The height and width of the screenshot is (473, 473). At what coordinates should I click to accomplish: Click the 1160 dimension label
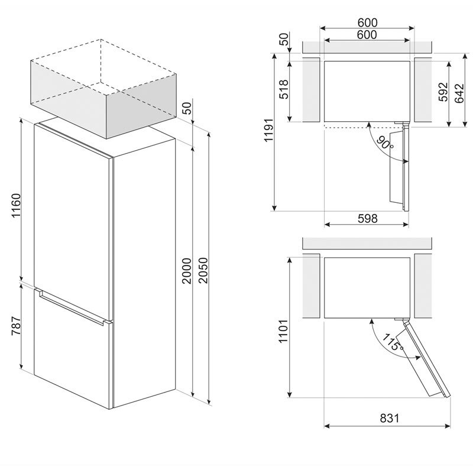(x=16, y=205)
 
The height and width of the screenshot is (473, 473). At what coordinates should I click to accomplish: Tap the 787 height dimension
(x=16, y=326)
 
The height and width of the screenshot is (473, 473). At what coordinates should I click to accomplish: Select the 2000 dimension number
(x=187, y=271)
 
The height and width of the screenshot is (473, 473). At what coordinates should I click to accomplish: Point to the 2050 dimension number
(x=203, y=270)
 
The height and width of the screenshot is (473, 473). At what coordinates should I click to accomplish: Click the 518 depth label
(x=284, y=89)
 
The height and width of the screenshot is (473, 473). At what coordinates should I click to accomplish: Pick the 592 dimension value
(x=443, y=92)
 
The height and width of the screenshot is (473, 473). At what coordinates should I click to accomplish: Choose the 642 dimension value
(x=459, y=93)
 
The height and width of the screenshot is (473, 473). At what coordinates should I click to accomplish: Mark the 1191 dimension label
(x=268, y=130)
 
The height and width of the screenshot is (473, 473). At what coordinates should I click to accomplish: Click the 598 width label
(x=367, y=218)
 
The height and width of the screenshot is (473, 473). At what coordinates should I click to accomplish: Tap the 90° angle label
(x=385, y=143)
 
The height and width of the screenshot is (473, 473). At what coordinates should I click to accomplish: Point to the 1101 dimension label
(x=283, y=331)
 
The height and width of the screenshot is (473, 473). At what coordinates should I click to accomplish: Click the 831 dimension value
(x=390, y=418)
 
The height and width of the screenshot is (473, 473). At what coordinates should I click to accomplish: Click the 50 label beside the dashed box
(x=187, y=108)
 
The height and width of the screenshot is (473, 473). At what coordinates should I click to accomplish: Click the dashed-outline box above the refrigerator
(x=103, y=89)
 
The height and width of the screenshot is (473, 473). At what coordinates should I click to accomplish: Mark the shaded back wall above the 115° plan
(x=367, y=244)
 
